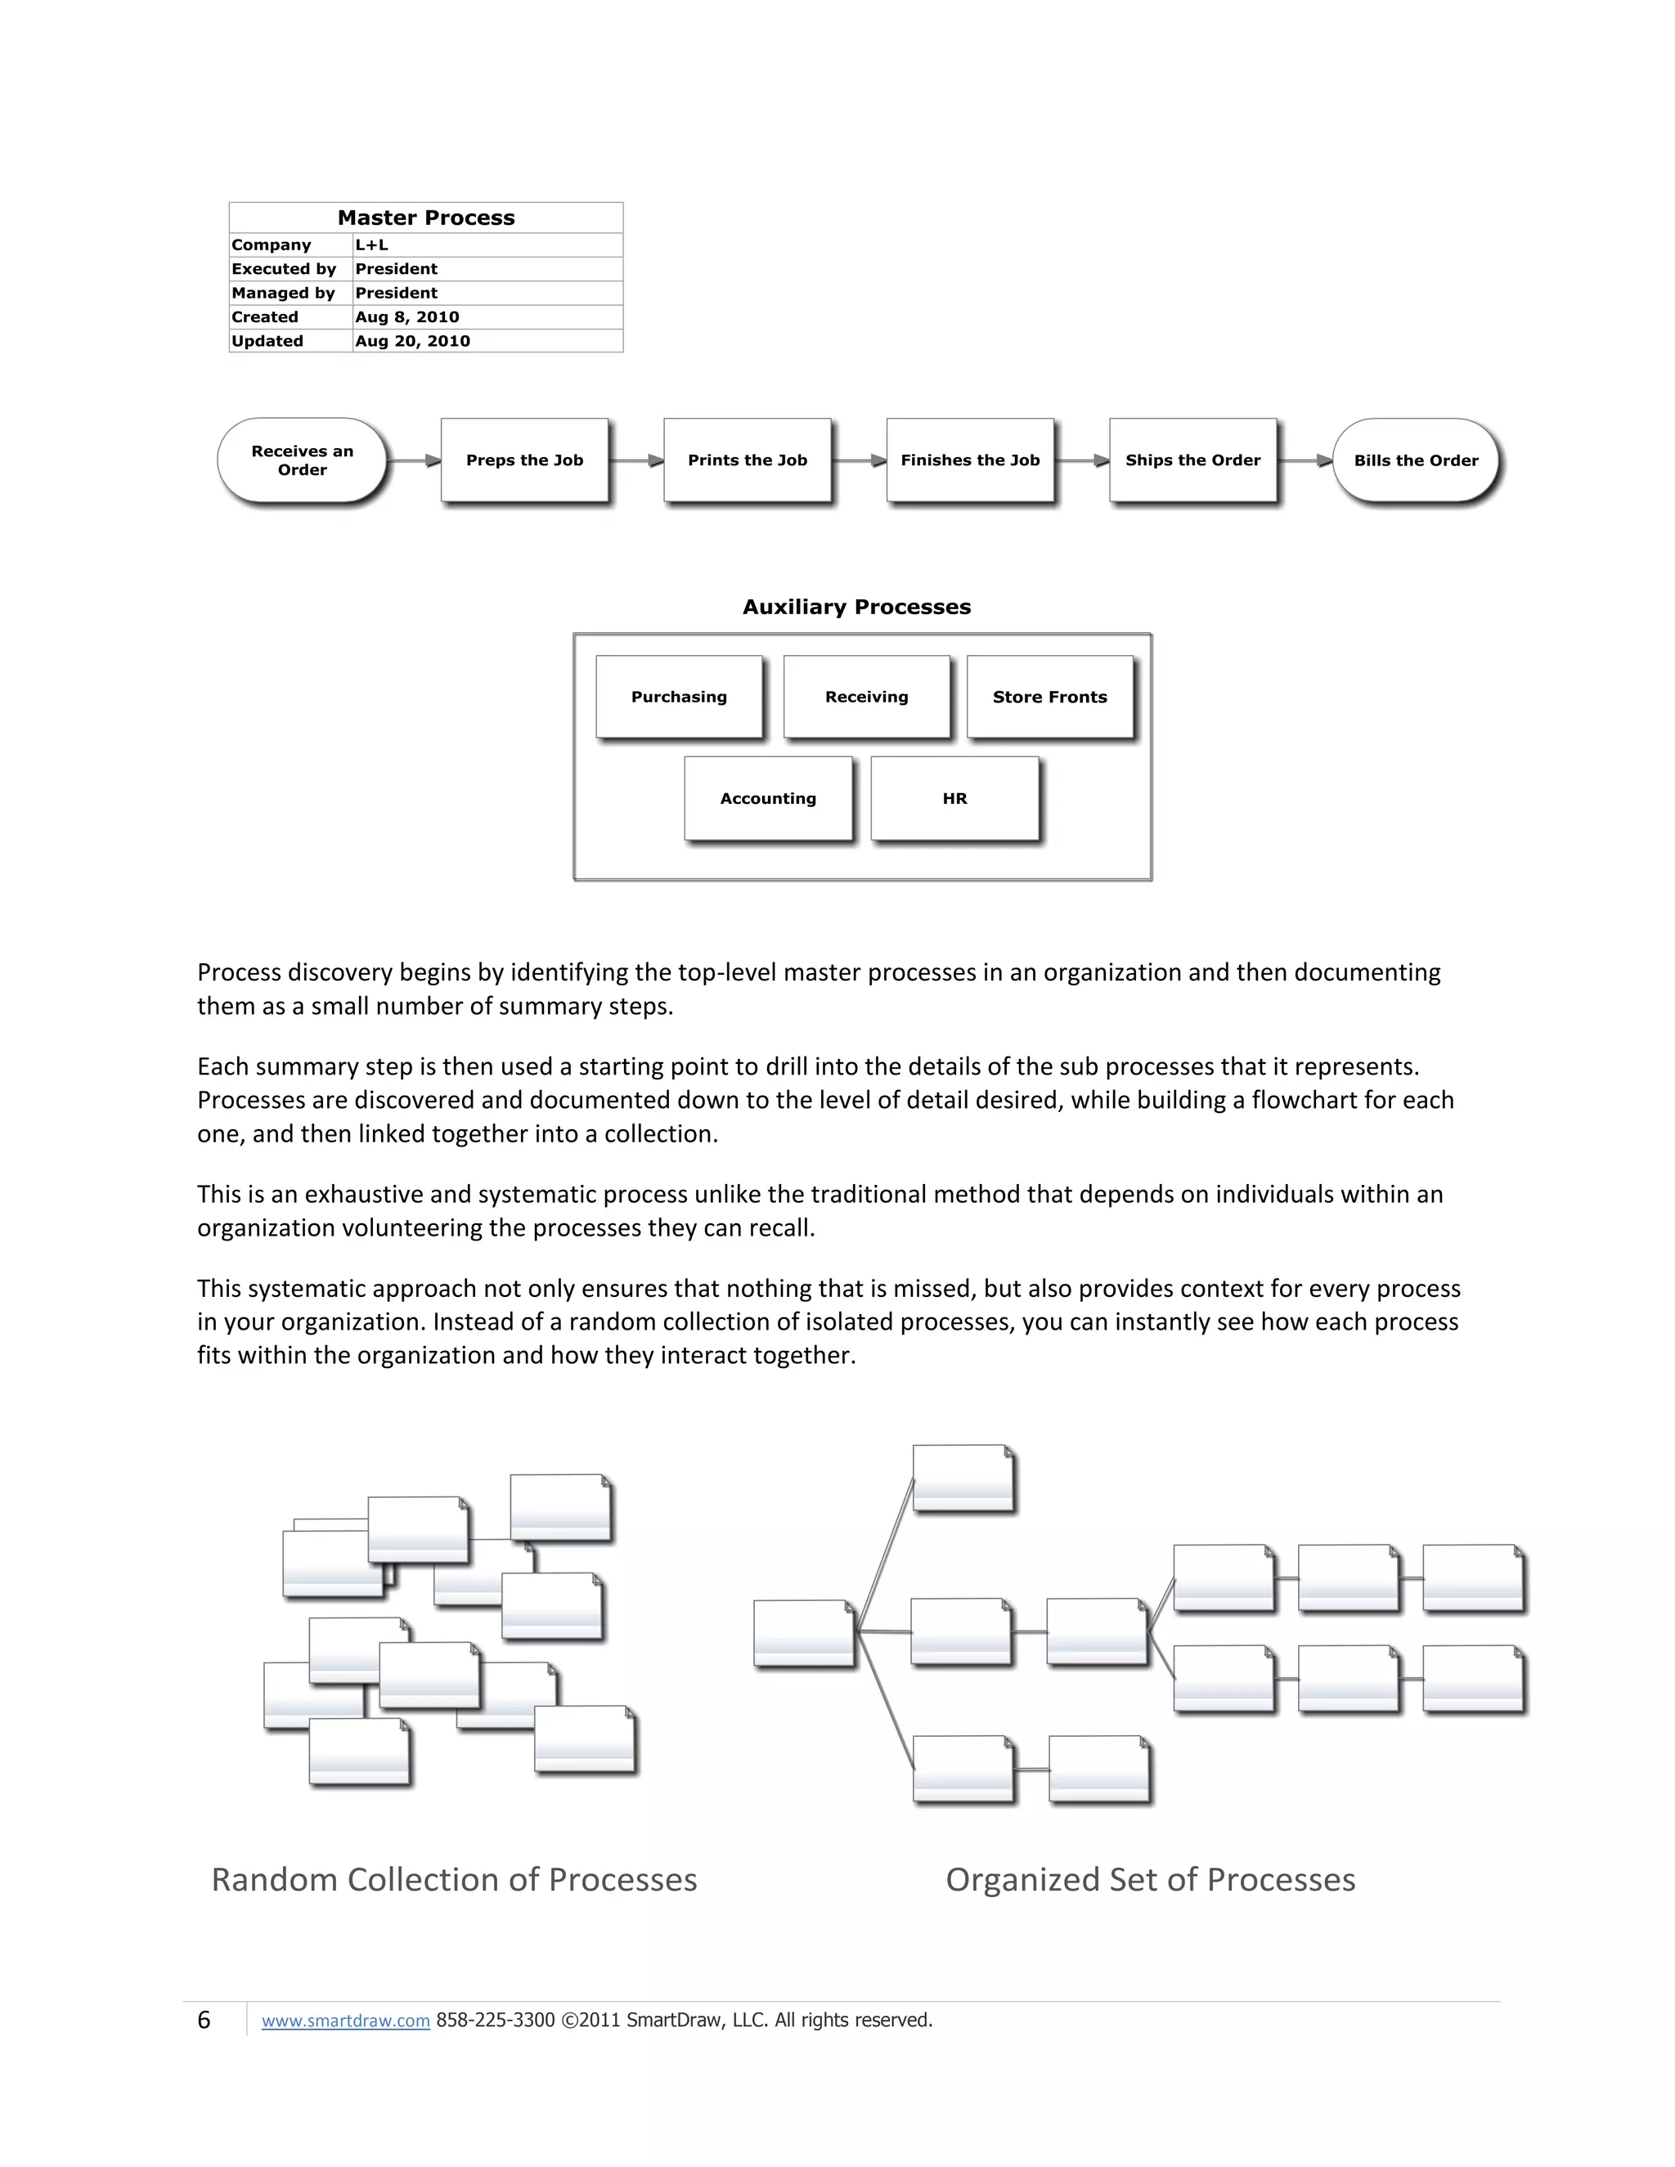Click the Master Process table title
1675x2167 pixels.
tap(425, 218)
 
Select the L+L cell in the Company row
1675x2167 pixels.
tap(372, 245)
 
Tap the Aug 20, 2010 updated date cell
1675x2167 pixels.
tap(413, 341)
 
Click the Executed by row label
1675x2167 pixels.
tap(284, 269)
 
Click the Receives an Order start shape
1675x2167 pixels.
tap(302, 460)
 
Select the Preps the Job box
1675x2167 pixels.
tap(525, 460)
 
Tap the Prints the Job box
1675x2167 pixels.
tap(748, 460)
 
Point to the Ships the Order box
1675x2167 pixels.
tap(1192, 460)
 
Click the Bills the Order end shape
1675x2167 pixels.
tap(1416, 460)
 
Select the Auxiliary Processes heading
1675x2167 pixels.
tap(856, 608)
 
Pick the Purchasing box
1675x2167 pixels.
tap(679, 697)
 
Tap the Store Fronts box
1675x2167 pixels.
tap(1050, 697)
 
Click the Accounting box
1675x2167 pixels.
tap(768, 799)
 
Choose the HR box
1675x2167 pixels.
tap(954, 799)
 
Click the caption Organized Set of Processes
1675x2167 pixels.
tap(1150, 1880)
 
